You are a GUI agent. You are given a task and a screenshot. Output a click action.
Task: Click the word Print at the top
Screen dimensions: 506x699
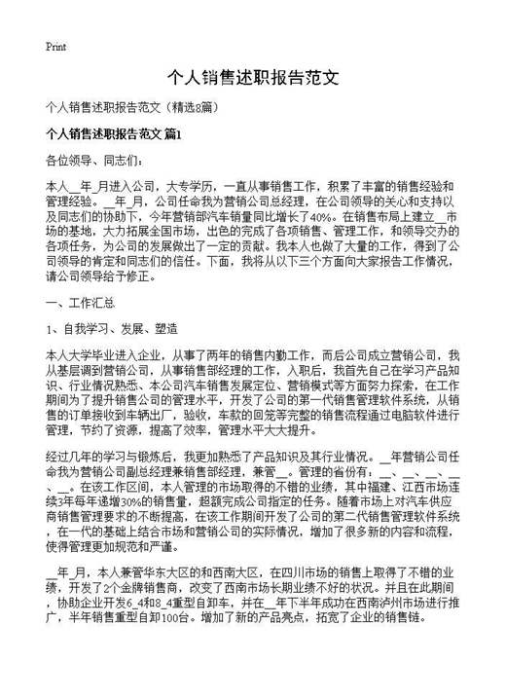click(x=55, y=46)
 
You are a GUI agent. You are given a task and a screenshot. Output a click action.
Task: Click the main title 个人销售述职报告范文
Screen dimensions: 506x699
click(x=252, y=77)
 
